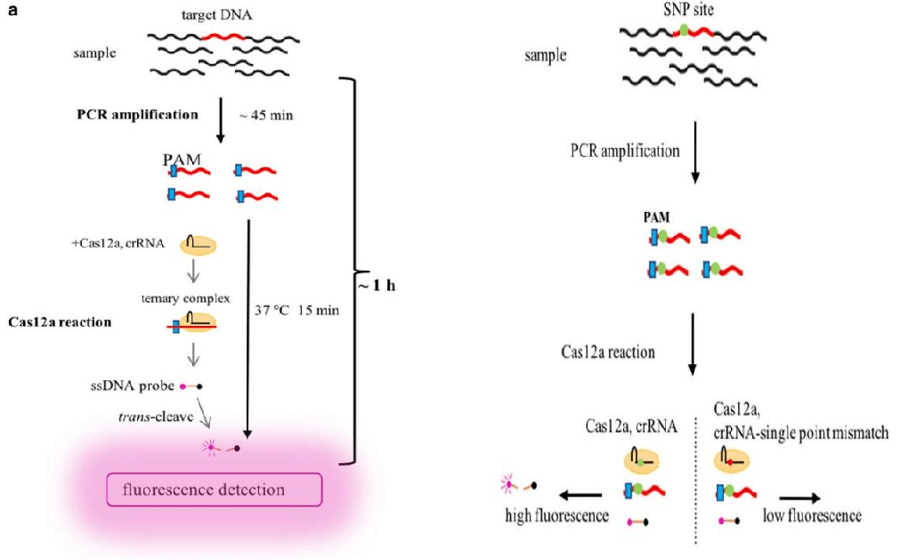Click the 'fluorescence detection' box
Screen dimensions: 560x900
(213, 490)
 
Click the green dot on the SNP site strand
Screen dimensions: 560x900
(683, 30)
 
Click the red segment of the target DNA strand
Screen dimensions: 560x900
(222, 36)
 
